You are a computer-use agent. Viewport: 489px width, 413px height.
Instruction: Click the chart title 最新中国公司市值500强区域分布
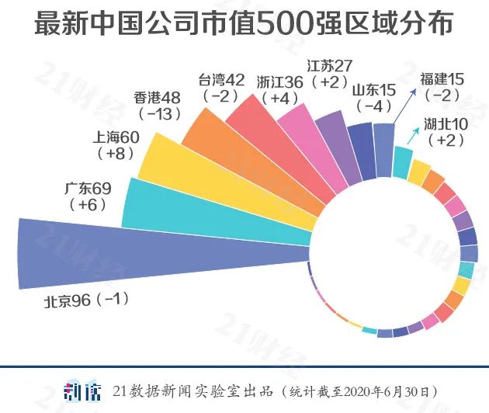(244, 23)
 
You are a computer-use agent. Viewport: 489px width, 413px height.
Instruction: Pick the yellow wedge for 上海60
(225, 175)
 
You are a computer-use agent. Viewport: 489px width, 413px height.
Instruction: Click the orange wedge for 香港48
(248, 155)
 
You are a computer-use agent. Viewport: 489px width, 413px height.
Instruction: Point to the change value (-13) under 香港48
(158, 114)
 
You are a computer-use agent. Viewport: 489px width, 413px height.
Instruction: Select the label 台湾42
(222, 80)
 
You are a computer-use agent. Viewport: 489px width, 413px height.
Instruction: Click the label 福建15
(442, 79)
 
